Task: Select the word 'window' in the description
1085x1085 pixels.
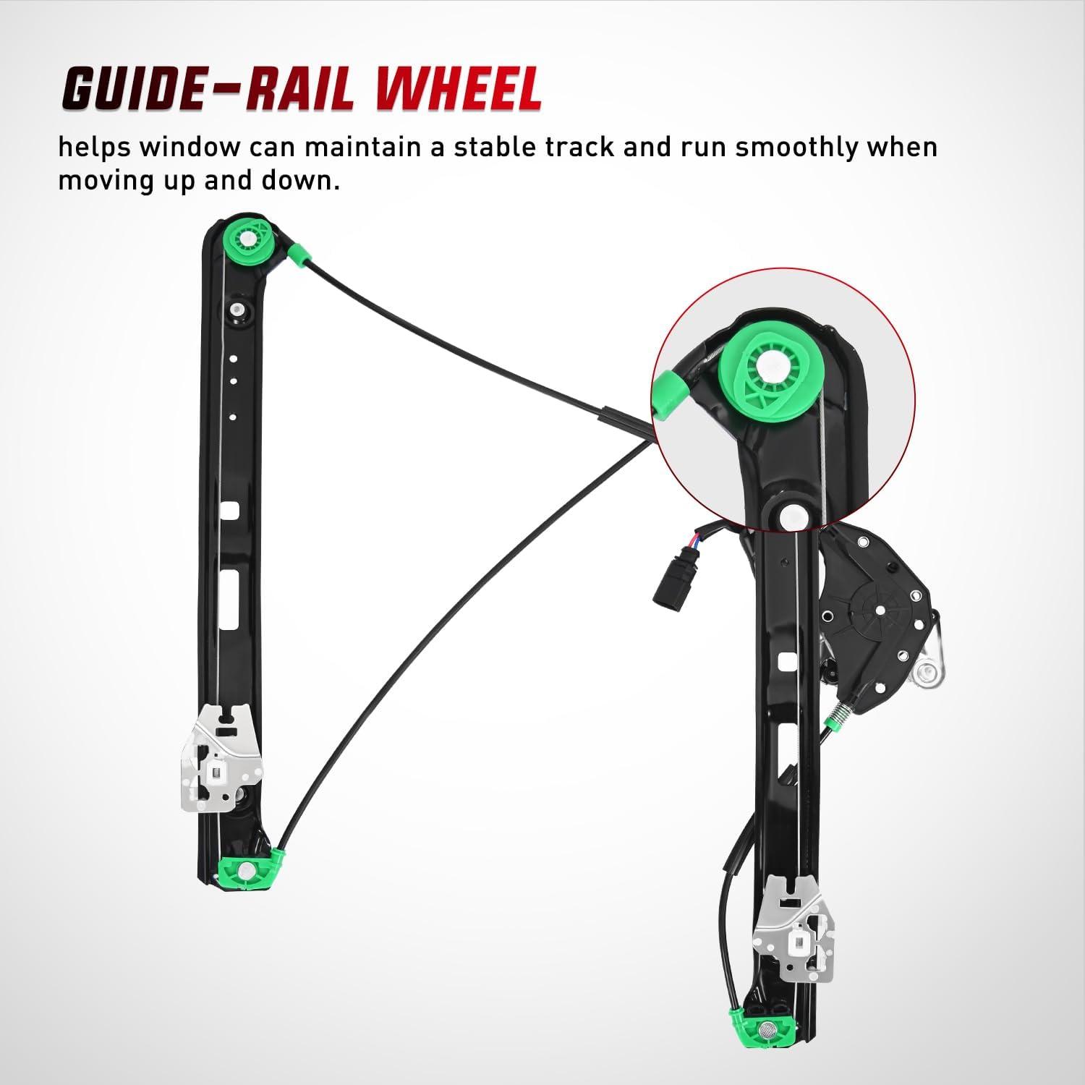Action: click(190, 147)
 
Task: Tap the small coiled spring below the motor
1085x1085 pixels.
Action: click(836, 713)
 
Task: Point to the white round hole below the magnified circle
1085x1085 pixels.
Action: click(791, 516)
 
